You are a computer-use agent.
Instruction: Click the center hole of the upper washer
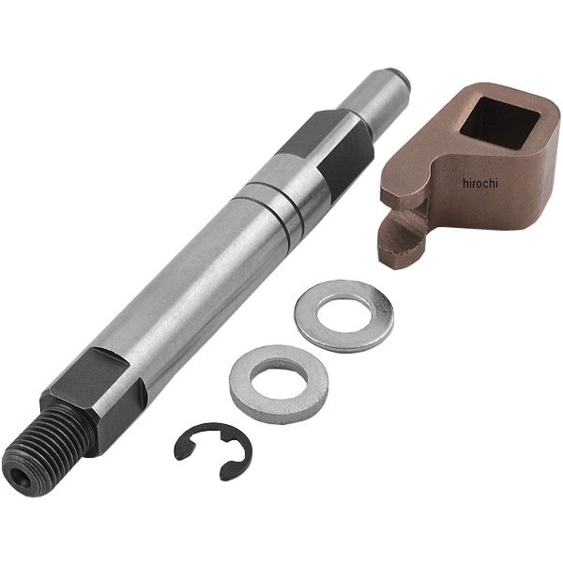pos(343,312)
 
